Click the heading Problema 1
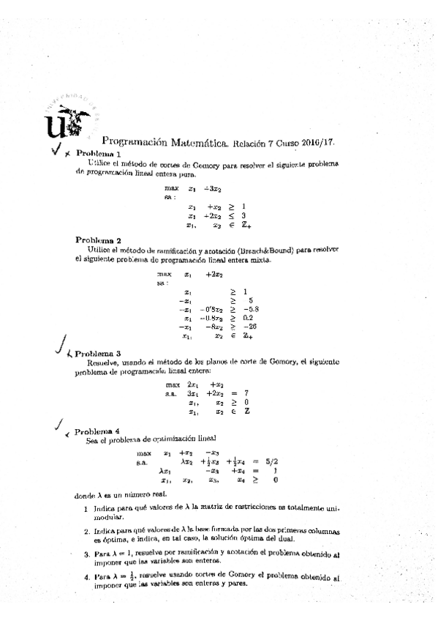pyautogui.click(x=98, y=154)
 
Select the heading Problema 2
pyautogui.click(x=98, y=239)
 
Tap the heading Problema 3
pyautogui.click(x=98, y=353)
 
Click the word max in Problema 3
pyautogui.click(x=173, y=384)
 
